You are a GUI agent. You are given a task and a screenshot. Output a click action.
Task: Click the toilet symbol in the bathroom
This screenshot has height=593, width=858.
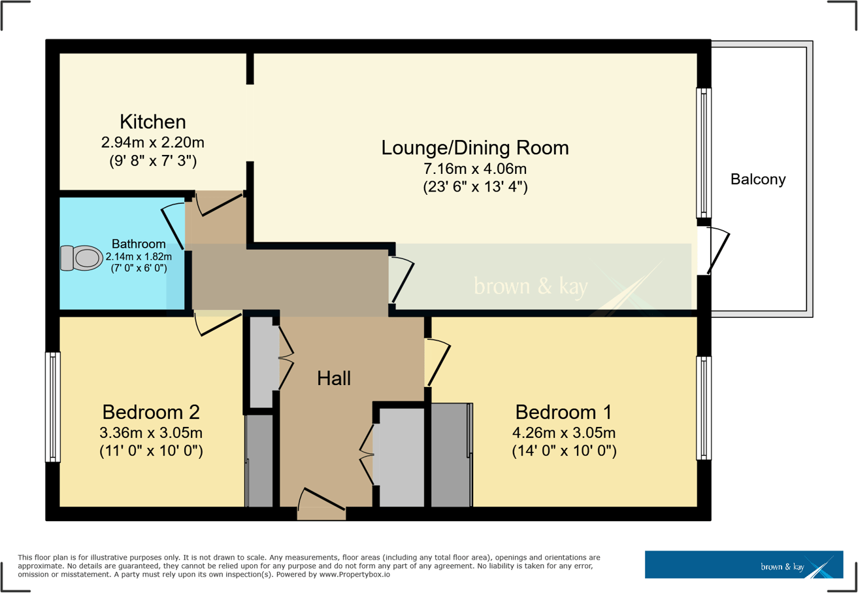[80, 258]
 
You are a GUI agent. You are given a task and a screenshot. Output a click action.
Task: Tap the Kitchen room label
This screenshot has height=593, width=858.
[153, 122]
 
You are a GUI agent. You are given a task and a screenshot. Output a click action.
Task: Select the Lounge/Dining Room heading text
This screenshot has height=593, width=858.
[475, 148]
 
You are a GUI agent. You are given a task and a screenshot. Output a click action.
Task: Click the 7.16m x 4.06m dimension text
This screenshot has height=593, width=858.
[475, 169]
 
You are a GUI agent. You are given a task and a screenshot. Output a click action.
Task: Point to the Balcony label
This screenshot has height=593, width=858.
[758, 179]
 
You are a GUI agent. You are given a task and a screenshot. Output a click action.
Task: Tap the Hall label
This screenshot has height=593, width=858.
[334, 378]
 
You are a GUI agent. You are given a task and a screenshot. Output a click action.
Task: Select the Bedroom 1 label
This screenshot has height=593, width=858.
[563, 413]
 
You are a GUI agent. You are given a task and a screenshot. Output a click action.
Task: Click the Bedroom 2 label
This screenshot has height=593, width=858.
[151, 413]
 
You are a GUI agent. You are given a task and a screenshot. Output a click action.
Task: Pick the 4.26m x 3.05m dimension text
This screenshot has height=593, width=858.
[563, 433]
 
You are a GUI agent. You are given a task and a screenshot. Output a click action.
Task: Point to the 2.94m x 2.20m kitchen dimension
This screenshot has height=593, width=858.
[153, 143]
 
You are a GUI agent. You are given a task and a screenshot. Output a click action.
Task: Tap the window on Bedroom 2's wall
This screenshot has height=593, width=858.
[53, 407]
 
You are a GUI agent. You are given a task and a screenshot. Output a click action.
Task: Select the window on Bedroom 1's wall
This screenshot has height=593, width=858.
[704, 407]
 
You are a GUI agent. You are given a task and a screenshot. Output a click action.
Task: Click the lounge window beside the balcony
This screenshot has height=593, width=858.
[704, 153]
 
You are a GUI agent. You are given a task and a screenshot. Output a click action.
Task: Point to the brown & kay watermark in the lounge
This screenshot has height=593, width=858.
[530, 286]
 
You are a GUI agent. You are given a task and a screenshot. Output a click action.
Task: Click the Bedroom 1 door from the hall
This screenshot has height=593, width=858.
[437, 362]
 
